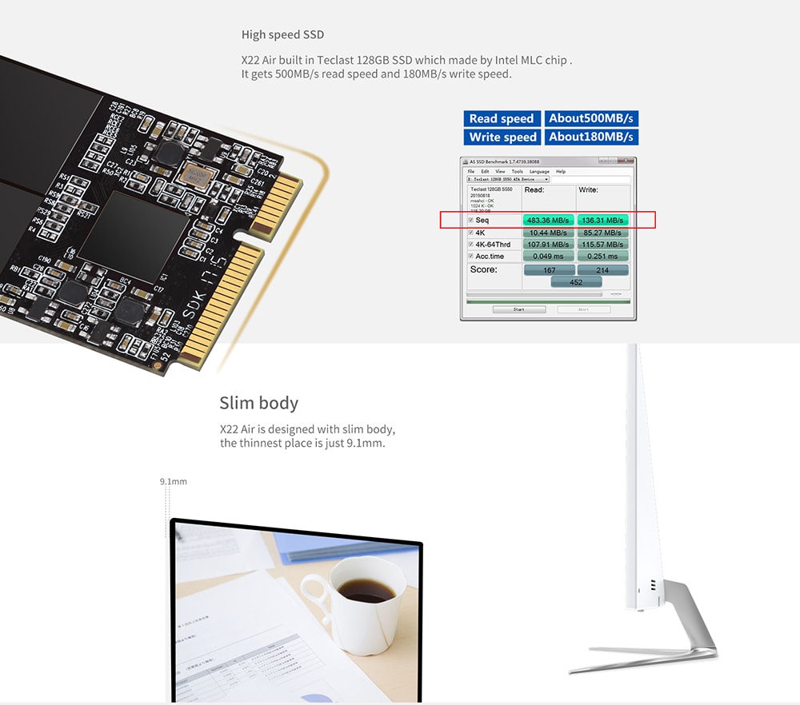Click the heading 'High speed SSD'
pyautogui.click(x=282, y=34)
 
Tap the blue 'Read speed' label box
pyautogui.click(x=502, y=118)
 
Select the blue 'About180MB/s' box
pyautogui.click(x=591, y=137)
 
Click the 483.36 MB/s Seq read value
pyautogui.click(x=548, y=220)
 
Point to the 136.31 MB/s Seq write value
pyautogui.click(x=602, y=220)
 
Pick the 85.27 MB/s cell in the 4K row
pyautogui.click(x=602, y=232)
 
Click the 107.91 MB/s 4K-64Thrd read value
pyautogui.click(x=548, y=244)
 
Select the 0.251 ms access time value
pyautogui.click(x=602, y=256)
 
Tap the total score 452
pyautogui.click(x=575, y=282)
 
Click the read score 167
pyautogui.click(x=548, y=270)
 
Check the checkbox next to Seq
pyautogui.click(x=470, y=220)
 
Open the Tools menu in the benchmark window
pyautogui.click(x=517, y=171)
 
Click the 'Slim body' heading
pyautogui.click(x=258, y=402)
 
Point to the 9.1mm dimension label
pyautogui.click(x=173, y=481)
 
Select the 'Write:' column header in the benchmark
pyautogui.click(x=588, y=190)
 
